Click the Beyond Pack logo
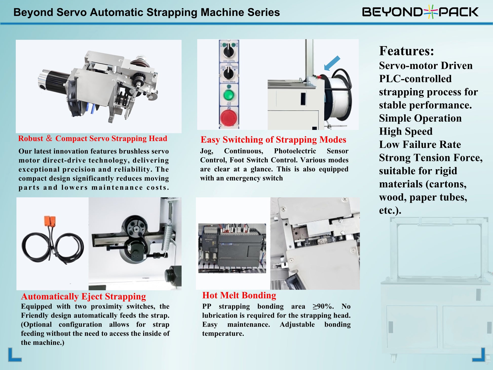[420, 12]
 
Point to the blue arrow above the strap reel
[332, 63]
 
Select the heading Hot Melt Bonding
[239, 295]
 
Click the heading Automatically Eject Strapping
[83, 296]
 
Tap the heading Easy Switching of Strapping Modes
[273, 140]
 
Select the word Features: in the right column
[406, 51]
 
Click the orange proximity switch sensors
[50, 221]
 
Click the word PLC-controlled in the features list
[415, 79]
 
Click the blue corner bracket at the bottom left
[14, 355]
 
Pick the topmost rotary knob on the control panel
[229, 50]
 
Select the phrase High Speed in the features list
[406, 131]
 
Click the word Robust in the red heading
[31, 139]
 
